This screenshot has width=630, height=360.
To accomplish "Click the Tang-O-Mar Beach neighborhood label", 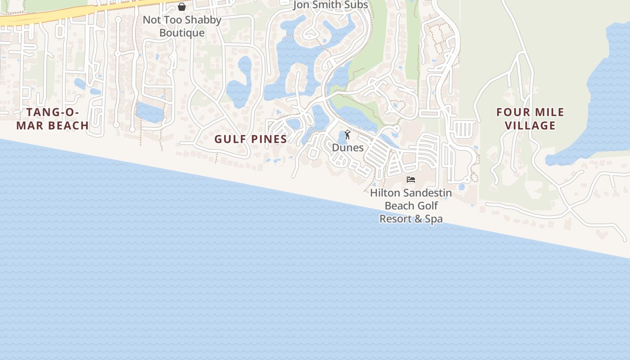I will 53,119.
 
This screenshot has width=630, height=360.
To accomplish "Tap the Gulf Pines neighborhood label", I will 251,139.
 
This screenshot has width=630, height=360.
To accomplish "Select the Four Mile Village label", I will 530,119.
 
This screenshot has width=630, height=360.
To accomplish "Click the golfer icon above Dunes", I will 347,135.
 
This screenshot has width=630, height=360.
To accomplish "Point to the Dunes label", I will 347,148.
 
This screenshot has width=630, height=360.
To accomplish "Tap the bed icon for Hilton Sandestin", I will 410,180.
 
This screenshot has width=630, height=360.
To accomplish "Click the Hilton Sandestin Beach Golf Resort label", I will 411,206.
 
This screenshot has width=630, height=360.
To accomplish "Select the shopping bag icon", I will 182,7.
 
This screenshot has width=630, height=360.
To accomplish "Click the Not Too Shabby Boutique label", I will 182,26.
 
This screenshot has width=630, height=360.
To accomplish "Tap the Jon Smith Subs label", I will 331,5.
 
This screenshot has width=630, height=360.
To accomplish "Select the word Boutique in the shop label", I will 182,33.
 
